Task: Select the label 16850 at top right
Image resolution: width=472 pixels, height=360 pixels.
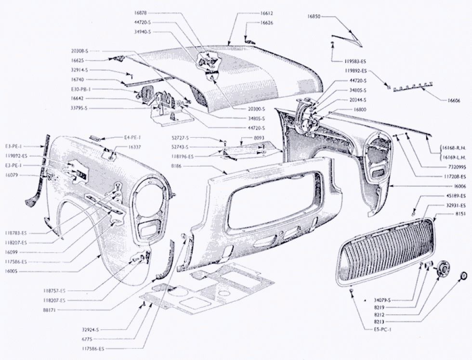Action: click(x=314, y=16)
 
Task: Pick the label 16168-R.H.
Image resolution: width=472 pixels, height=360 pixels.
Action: click(x=453, y=148)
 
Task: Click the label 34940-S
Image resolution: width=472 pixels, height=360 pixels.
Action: click(x=143, y=31)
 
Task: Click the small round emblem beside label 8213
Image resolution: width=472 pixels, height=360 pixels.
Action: click(x=464, y=276)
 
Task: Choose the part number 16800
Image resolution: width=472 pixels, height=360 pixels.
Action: click(x=358, y=109)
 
